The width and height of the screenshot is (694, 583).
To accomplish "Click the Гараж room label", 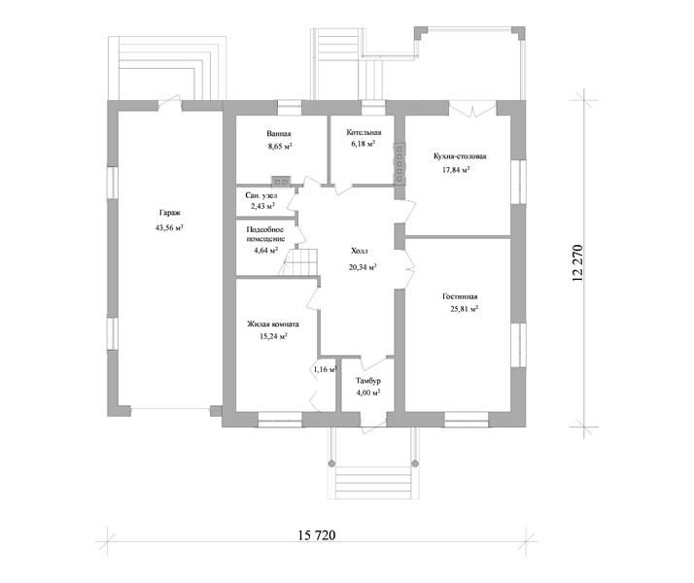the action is pyautogui.click(x=170, y=213).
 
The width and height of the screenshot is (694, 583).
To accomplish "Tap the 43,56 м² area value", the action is pyautogui.click(x=169, y=228).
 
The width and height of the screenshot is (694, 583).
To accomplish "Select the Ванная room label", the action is pyautogui.click(x=279, y=133).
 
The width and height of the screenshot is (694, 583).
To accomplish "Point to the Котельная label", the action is pyautogui.click(x=364, y=133).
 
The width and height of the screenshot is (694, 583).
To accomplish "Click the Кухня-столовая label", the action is pyautogui.click(x=460, y=156).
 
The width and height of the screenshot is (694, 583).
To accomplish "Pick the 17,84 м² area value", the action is pyautogui.click(x=456, y=170).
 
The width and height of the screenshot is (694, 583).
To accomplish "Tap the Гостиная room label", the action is pyautogui.click(x=460, y=296).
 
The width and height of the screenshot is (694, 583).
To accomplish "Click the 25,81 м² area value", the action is pyautogui.click(x=465, y=309).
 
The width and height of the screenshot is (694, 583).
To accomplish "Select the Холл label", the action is pyautogui.click(x=360, y=252).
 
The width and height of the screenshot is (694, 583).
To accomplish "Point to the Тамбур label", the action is pyautogui.click(x=368, y=381).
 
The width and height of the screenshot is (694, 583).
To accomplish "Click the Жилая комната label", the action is pyautogui.click(x=273, y=325).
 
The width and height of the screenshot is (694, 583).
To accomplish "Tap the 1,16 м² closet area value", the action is pyautogui.click(x=326, y=369).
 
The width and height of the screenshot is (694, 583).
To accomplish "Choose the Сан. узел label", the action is pyautogui.click(x=261, y=195).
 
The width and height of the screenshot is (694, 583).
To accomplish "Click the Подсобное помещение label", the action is pyautogui.click(x=265, y=234).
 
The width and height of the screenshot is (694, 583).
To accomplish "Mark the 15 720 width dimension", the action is pyautogui.click(x=317, y=535).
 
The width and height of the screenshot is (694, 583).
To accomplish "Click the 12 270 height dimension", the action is pyautogui.click(x=577, y=263).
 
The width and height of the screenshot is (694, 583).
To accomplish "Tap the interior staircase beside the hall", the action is pyautogui.click(x=300, y=261).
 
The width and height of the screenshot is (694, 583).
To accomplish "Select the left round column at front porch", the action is pyautogui.click(x=331, y=463).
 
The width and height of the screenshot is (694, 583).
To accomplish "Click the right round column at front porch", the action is pyautogui.click(x=415, y=463).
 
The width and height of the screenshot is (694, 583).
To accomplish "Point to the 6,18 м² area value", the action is pyautogui.click(x=364, y=144).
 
